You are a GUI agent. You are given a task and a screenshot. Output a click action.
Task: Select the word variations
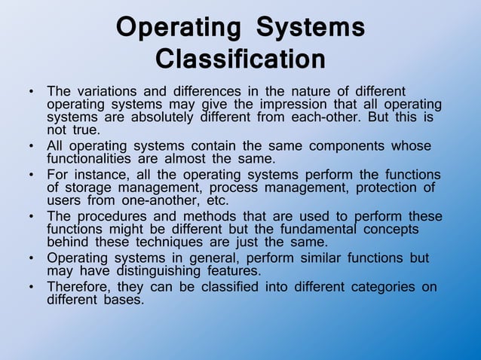click(106, 91)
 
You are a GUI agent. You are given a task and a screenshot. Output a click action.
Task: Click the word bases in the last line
click(124, 299)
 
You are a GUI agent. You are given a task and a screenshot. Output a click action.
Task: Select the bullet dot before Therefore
click(31, 287)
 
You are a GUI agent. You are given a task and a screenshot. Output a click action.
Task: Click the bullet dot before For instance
click(31, 175)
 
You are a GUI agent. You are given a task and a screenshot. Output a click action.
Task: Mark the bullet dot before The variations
click(31, 92)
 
